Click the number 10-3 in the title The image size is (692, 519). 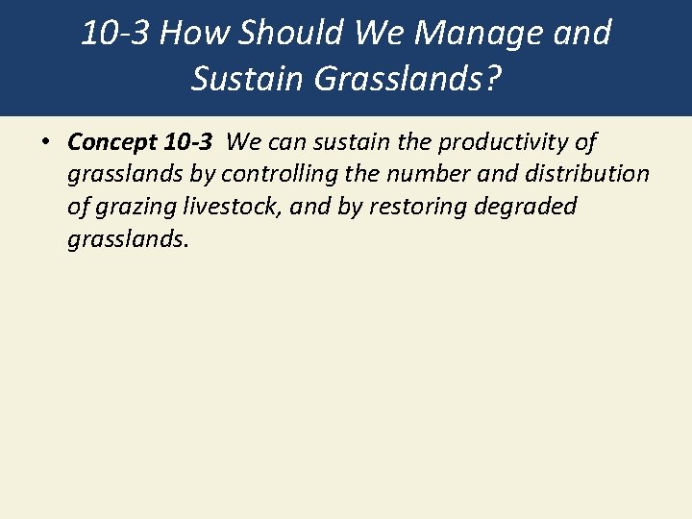coord(114,34)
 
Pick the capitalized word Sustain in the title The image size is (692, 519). coord(248,78)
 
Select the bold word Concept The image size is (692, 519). coord(111,142)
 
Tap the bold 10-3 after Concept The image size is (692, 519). coord(187,142)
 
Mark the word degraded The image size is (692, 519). coord(531,208)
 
